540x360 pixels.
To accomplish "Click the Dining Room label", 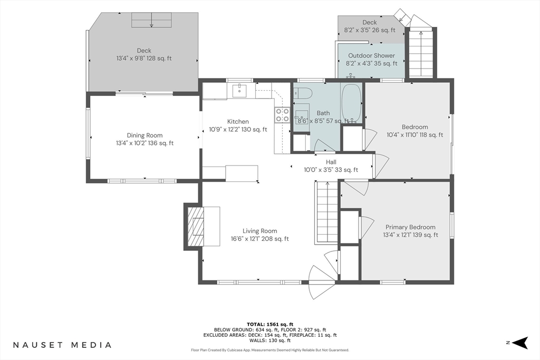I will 144,135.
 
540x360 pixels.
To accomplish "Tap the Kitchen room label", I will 238,122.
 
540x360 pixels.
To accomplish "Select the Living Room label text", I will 259,231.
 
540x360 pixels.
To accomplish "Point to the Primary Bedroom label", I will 410,227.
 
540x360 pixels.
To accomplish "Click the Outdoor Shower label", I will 371,56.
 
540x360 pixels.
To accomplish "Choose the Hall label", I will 331,162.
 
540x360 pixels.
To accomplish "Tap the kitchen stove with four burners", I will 282,115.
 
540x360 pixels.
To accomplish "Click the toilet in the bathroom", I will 303,93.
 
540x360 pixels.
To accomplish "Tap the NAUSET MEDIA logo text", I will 62,345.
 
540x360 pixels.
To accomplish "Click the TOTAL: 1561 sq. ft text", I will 270,324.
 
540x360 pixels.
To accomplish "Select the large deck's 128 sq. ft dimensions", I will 144,59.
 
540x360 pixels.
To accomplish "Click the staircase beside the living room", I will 327,212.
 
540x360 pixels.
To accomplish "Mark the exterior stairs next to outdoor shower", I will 421,53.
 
